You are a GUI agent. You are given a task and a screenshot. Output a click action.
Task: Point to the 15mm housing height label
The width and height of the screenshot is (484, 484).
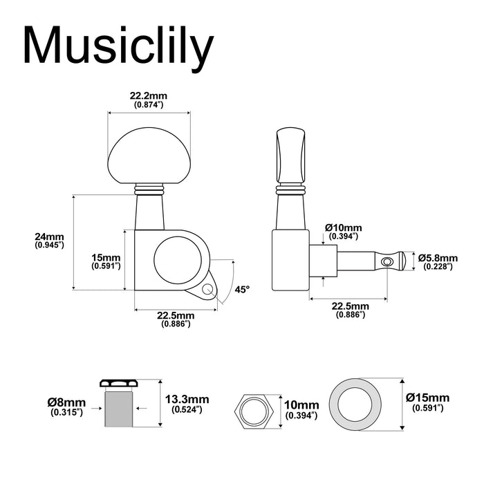tap(106, 257)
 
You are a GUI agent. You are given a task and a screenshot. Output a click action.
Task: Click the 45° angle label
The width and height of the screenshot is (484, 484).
tap(241, 290)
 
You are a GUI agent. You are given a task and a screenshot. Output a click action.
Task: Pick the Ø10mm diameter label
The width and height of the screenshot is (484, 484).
tap(343, 227)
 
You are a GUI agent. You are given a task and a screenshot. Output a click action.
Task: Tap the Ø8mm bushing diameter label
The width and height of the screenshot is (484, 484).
tap(67, 403)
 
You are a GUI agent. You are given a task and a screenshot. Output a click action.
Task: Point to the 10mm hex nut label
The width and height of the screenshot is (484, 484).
tap(301, 405)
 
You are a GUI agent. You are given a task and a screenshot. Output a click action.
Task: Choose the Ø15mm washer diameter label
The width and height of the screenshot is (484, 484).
tap(428, 398)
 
